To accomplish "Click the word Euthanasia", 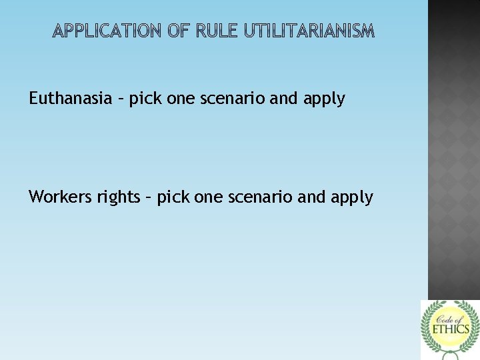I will (70, 99).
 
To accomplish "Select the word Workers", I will (59, 197).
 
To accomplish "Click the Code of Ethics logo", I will (449, 329).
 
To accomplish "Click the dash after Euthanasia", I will (121, 99).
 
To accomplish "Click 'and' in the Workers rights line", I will (313, 197).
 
